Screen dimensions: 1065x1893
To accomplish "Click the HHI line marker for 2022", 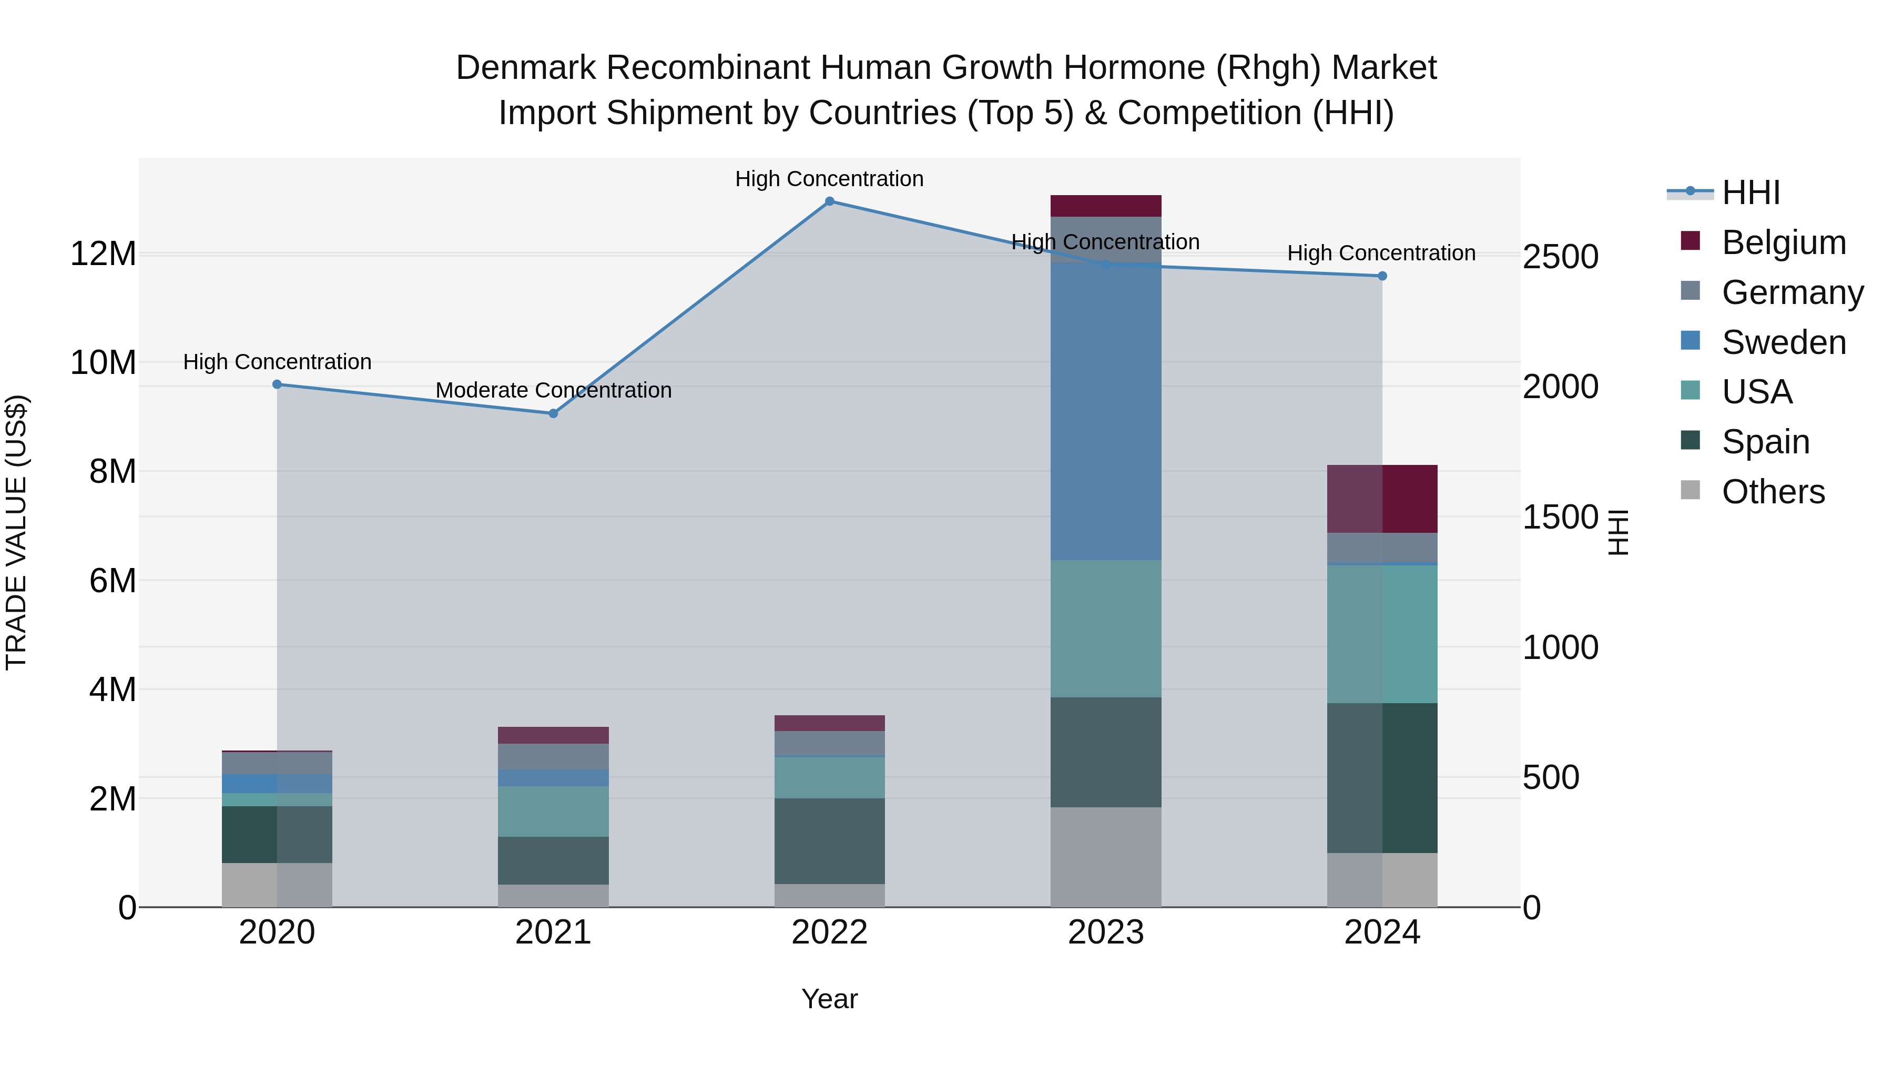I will pos(830,201).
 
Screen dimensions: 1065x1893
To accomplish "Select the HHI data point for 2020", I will pos(277,384).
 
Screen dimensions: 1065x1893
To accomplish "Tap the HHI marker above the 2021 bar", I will pos(553,414).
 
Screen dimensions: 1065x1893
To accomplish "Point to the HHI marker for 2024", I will pos(1382,276).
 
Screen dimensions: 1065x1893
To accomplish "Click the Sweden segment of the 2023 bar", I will pos(1106,412).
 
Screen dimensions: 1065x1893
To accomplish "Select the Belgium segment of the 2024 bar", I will pos(1382,499).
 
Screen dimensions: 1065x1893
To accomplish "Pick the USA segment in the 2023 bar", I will pos(1106,628).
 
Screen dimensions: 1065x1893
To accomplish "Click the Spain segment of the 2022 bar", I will pos(830,841).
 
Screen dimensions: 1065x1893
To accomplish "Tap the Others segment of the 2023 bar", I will pos(1106,857).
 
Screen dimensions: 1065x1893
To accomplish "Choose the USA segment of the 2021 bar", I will pos(553,812).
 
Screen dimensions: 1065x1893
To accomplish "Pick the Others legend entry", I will pos(1773,492).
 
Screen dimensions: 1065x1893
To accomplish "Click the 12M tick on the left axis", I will pos(103,255).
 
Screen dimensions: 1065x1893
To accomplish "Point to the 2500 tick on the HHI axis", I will pos(1560,257).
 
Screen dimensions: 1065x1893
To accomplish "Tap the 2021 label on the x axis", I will pos(553,932).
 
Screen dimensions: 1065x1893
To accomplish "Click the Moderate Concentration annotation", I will pos(553,390).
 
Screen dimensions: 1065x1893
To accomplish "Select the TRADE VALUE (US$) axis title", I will pos(17,532).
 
